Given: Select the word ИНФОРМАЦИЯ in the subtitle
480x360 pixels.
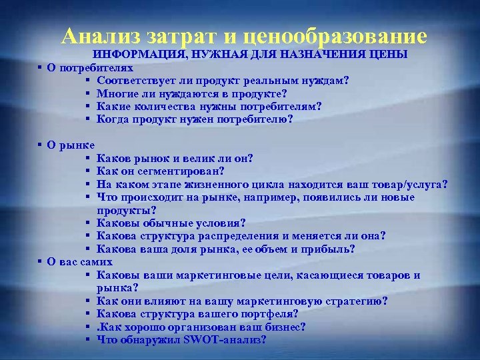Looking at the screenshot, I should [x=136, y=54].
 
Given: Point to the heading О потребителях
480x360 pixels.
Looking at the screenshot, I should [x=90, y=67].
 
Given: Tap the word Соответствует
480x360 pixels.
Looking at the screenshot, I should [x=135, y=81].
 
